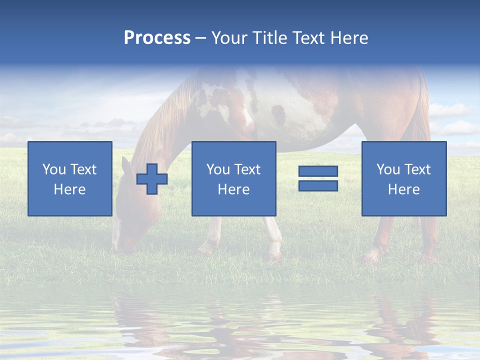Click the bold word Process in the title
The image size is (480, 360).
pyautogui.click(x=157, y=38)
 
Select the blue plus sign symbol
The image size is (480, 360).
pyautogui.click(x=152, y=179)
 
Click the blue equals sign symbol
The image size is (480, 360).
pyautogui.click(x=318, y=178)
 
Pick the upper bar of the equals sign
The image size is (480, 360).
pyautogui.click(x=318, y=171)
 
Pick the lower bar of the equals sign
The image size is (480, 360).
pyautogui.click(x=318, y=185)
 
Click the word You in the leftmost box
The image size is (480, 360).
pyautogui.click(x=53, y=169)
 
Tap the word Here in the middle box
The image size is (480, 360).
pyautogui.click(x=233, y=189)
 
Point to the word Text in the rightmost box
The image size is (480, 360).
pyautogui.click(x=417, y=169)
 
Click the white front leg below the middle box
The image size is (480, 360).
pyautogui.click(x=274, y=240)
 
